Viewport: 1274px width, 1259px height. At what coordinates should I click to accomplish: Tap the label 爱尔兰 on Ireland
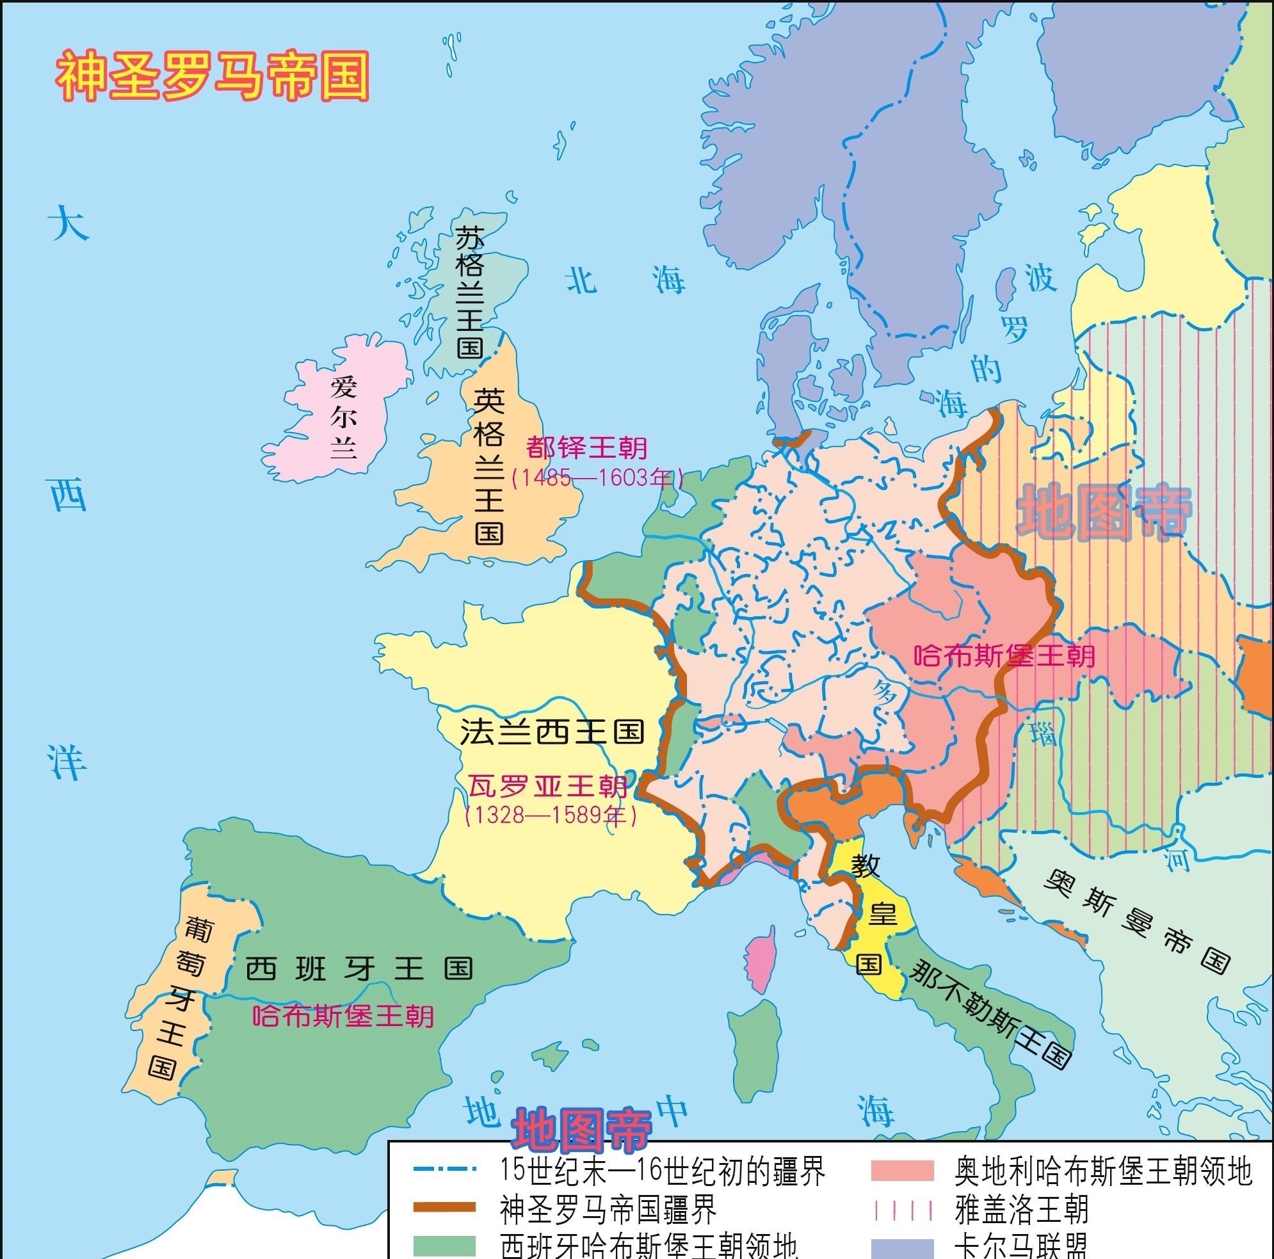(344, 417)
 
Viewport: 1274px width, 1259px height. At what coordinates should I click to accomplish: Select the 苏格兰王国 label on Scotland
(470, 292)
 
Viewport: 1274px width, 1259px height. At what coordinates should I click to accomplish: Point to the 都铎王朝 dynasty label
(586, 448)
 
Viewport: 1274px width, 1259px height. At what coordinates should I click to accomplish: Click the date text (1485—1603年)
(597, 478)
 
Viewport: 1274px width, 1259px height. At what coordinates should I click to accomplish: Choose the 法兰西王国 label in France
(551, 732)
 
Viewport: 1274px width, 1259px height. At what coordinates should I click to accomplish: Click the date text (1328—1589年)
(551, 816)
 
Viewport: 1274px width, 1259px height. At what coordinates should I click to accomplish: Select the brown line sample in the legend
(444, 1207)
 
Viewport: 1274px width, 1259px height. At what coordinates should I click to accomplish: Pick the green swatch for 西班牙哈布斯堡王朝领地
(444, 1245)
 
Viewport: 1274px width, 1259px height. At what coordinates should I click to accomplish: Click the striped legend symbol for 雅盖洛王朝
(902, 1210)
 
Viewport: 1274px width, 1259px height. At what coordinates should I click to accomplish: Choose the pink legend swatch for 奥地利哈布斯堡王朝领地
(902, 1170)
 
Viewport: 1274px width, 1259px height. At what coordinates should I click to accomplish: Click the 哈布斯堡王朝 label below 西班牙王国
(343, 1016)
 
